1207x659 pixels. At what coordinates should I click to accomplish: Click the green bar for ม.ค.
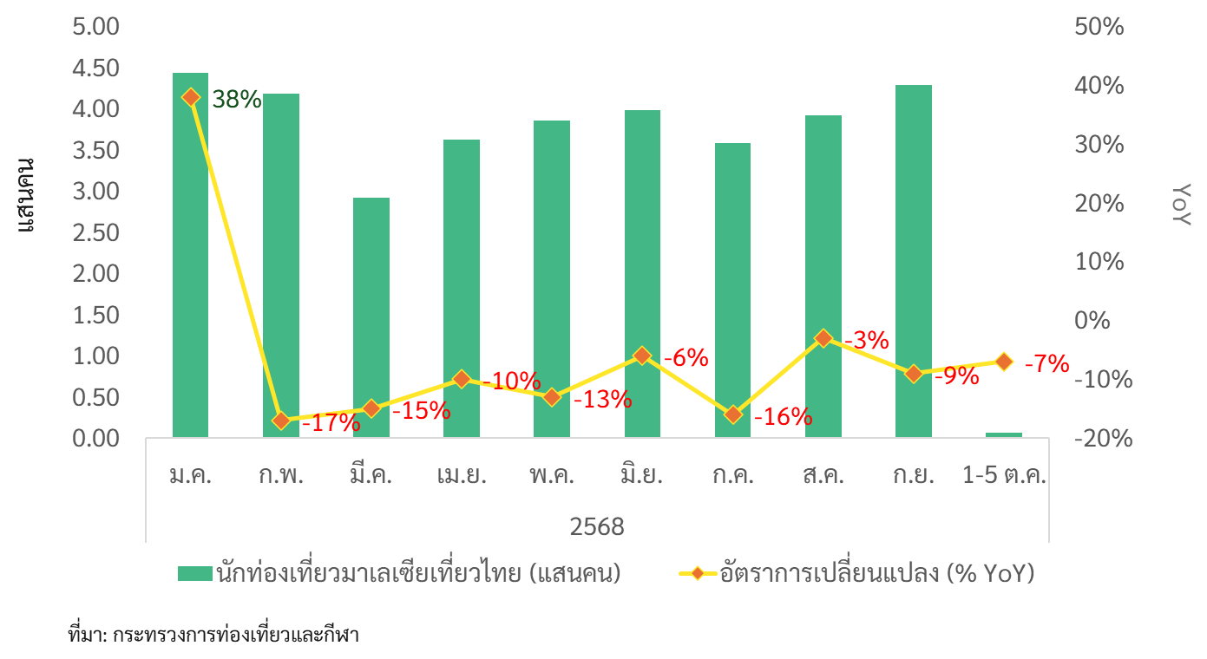pyautogui.click(x=190, y=260)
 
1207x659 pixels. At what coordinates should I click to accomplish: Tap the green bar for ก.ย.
pyautogui.click(x=913, y=260)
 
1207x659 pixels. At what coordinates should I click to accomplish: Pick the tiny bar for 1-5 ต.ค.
pyautogui.click(x=1004, y=434)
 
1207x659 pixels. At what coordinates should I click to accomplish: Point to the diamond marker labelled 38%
pyautogui.click(x=191, y=97)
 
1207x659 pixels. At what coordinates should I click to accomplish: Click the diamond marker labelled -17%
pyautogui.click(x=280, y=421)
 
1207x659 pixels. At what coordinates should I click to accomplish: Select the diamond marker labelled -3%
pyautogui.click(x=823, y=338)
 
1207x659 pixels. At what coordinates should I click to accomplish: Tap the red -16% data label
pyautogui.click(x=782, y=417)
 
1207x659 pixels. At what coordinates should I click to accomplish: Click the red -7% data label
pyautogui.click(x=1046, y=364)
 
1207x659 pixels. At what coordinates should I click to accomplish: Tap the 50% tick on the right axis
pyautogui.click(x=1099, y=27)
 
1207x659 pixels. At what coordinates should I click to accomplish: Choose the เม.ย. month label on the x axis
pyautogui.click(x=461, y=476)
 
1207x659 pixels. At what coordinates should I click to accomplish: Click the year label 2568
pyautogui.click(x=597, y=526)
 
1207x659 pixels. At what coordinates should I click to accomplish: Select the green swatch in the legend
pyautogui.click(x=194, y=573)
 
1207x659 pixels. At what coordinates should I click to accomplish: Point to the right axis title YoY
pyautogui.click(x=1182, y=205)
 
